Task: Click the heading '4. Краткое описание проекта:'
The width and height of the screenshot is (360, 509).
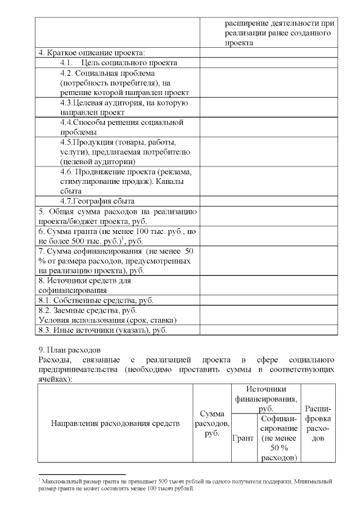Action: pos(91,53)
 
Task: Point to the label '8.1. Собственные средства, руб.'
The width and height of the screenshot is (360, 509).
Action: pos(96,300)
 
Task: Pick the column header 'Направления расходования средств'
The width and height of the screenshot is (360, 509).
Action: pos(115,423)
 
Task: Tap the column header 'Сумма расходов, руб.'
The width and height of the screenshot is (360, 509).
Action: pos(211,423)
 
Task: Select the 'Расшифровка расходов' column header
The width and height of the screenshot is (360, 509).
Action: pos(318,423)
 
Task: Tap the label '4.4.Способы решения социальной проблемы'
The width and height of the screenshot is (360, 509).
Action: pos(122,127)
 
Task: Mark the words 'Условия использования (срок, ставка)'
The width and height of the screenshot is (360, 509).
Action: pos(107,320)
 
